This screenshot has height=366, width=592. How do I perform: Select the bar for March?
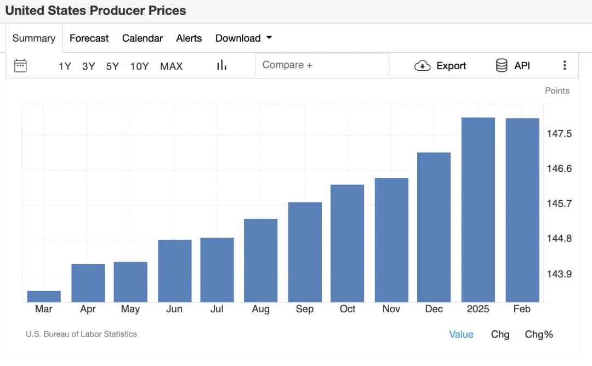(x=44, y=296)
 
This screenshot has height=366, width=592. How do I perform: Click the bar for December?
(x=434, y=227)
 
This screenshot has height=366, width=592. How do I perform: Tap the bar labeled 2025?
(x=478, y=210)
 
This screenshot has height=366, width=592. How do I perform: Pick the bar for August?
(x=261, y=260)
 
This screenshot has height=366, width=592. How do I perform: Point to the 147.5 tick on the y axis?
(x=560, y=133)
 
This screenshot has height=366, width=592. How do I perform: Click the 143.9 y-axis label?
(x=560, y=274)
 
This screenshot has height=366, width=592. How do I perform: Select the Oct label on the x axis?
(x=348, y=309)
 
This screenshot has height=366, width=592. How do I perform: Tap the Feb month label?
(x=522, y=309)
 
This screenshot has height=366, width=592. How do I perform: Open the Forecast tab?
(x=89, y=38)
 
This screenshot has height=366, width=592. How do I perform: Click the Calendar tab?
(x=143, y=38)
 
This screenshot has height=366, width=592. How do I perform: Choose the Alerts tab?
(x=189, y=38)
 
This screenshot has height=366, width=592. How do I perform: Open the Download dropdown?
(x=243, y=38)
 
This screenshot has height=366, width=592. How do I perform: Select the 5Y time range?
(x=112, y=66)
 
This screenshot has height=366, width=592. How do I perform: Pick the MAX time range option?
(x=171, y=66)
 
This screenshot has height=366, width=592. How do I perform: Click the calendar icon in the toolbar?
(x=20, y=66)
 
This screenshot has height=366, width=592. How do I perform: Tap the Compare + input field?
(x=322, y=65)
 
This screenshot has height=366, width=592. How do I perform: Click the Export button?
(x=440, y=66)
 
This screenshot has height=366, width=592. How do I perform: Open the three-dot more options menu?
(x=565, y=66)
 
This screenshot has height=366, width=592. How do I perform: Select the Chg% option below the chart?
(x=539, y=334)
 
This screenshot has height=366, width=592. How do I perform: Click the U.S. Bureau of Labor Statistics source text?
(x=81, y=334)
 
